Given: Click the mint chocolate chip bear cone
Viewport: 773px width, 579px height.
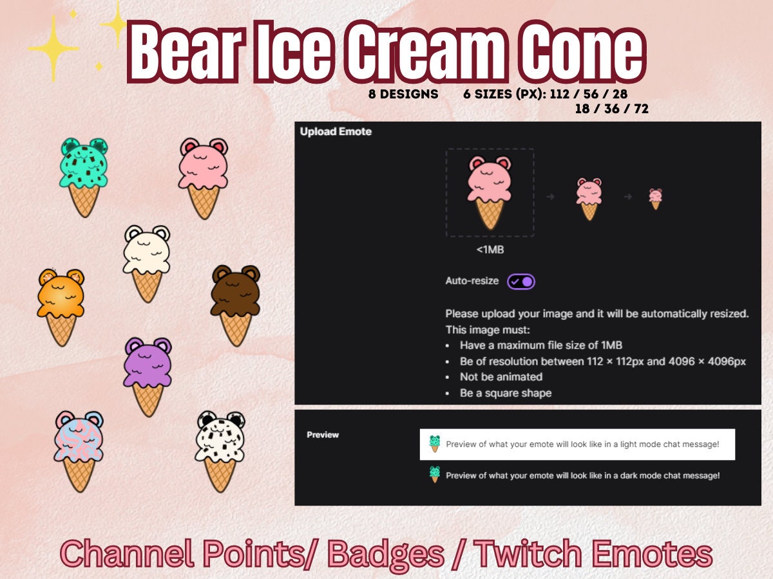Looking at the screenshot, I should coord(84,175).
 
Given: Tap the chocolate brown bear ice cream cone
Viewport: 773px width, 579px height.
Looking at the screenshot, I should coord(235,302).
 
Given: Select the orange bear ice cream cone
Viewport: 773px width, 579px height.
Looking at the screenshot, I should coord(61,306).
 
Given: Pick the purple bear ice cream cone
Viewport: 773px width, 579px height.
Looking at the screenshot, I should coord(148,373).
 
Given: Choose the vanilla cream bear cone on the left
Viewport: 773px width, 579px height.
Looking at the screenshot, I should coord(147,261).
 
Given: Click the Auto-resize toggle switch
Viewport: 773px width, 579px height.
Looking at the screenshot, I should coord(520,281).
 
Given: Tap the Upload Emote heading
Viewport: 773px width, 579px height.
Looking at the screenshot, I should coord(336,131).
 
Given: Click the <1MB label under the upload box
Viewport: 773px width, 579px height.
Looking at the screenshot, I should coord(490,249).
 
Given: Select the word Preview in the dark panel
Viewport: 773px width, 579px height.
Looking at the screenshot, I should coord(323,435).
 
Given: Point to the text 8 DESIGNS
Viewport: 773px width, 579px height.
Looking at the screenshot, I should coord(403,94).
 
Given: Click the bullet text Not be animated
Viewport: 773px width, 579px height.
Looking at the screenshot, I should coord(501,377).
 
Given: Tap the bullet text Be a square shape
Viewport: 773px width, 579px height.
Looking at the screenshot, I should coord(505,393).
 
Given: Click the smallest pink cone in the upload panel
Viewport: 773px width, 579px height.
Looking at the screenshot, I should coord(656,198).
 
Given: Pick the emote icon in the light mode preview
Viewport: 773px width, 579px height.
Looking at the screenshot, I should coord(435,443).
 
